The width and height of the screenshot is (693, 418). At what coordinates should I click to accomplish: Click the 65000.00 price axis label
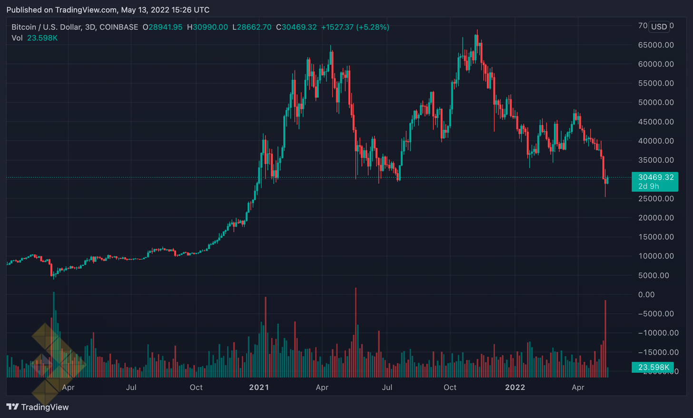click(656, 45)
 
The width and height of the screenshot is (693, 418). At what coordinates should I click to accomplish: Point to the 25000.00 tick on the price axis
click(656, 198)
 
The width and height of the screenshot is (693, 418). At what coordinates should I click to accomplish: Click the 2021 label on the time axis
click(259, 387)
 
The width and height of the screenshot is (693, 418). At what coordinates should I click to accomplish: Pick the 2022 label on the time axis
click(515, 387)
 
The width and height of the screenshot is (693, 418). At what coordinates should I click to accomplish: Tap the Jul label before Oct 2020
click(131, 387)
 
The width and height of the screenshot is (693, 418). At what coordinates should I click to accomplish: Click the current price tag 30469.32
click(655, 177)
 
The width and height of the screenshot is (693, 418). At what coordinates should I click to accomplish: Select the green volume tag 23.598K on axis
click(653, 367)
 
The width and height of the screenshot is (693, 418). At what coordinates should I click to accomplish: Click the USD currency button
click(659, 27)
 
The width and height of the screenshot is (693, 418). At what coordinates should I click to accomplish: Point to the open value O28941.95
click(162, 27)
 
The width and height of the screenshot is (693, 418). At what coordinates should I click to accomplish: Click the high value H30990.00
click(208, 27)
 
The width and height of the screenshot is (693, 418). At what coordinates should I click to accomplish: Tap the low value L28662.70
click(252, 27)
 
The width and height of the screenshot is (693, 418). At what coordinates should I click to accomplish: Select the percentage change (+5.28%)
click(373, 27)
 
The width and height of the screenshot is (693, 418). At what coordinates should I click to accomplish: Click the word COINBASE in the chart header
click(119, 27)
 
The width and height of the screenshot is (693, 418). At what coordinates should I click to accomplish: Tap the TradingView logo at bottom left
click(38, 407)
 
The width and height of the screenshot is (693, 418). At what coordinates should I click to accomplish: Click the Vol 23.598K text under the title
click(34, 38)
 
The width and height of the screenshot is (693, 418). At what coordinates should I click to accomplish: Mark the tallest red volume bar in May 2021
click(356, 333)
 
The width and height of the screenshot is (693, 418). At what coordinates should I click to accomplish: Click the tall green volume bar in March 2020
click(54, 333)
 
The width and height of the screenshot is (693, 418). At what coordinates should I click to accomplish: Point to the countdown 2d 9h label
click(649, 186)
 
